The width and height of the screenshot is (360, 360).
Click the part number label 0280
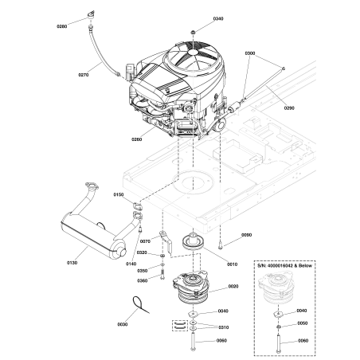(62, 26)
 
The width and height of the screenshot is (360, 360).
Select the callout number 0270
(84, 76)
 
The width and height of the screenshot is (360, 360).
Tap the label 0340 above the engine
(196, 18)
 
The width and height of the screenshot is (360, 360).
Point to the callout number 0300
(251, 53)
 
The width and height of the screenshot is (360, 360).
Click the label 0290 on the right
(288, 108)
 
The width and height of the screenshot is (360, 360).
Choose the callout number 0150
(119, 194)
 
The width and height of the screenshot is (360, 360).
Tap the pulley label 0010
(233, 262)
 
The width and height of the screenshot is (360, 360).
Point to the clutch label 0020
(233, 286)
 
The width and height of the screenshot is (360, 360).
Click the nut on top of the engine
(194, 31)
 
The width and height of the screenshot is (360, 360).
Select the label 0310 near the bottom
(223, 327)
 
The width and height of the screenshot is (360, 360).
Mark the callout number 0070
(145, 241)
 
